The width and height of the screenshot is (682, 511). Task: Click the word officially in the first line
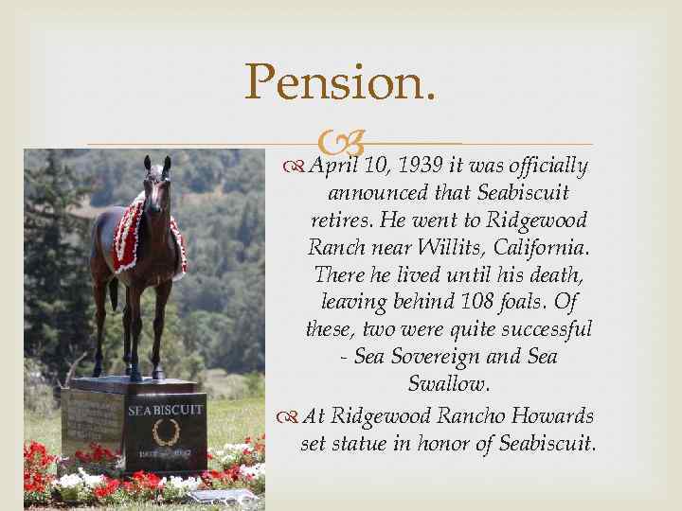[x=545, y=167]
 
